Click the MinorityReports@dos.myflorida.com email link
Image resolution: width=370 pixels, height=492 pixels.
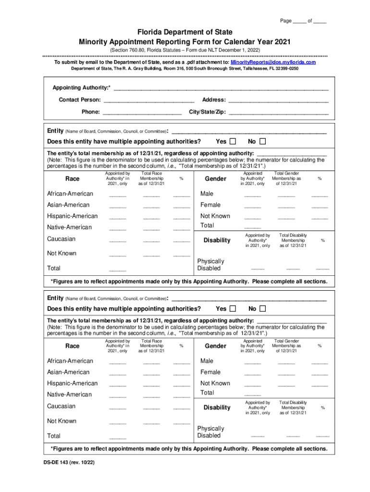tap(273, 62)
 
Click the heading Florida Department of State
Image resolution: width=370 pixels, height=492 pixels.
tap(185, 32)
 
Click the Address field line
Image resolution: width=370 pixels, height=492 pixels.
tap(278, 100)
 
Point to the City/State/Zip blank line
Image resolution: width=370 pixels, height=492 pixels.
tap(279, 112)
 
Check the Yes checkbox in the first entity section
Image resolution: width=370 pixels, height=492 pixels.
tap(233, 142)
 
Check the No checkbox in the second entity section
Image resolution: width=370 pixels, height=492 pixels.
tap(262, 308)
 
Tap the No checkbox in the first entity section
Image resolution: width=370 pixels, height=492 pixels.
tap(262, 142)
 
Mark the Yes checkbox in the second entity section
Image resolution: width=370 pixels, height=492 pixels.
tap(233, 308)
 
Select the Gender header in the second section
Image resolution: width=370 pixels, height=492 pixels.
tap(215, 346)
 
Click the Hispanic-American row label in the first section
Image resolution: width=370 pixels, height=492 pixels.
tap(72, 216)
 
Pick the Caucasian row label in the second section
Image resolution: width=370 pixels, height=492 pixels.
tap(61, 406)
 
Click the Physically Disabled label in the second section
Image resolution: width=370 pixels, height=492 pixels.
tap(210, 432)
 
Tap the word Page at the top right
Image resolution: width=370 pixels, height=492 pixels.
tap(286, 21)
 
